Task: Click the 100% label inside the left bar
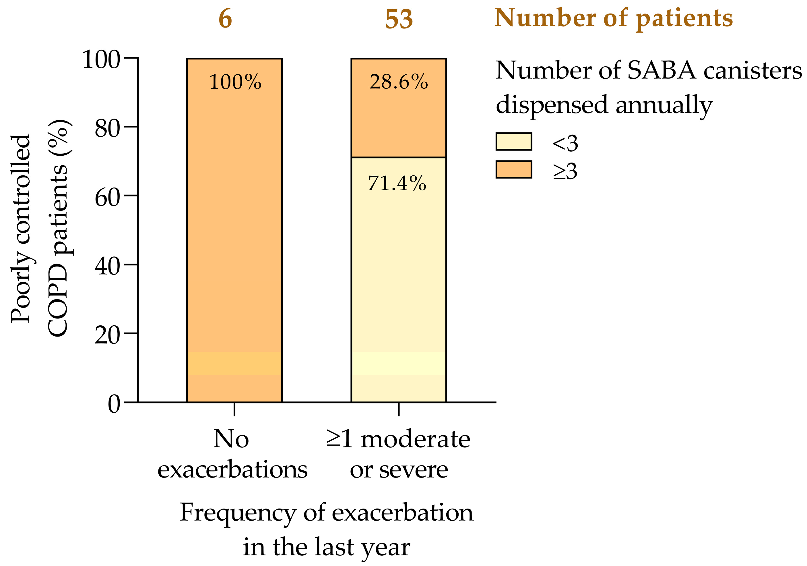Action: [235, 82]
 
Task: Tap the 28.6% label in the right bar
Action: [399, 82]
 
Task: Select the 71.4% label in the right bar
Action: [397, 183]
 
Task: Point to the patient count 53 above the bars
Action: [399, 19]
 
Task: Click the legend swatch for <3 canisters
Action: [513, 141]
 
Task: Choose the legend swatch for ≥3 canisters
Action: [513, 169]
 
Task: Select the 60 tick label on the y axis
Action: [107, 198]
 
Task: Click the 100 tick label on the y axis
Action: [101, 60]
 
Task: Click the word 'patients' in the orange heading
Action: [685, 19]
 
